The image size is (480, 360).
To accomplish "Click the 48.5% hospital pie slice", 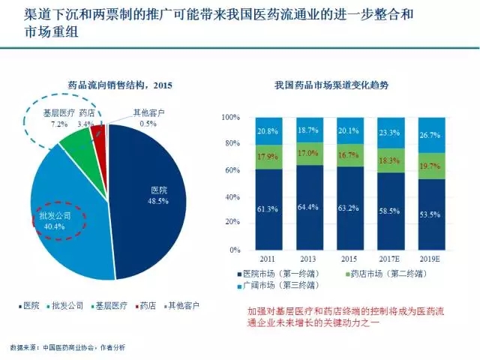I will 150,202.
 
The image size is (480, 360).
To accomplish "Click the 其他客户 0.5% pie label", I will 147,118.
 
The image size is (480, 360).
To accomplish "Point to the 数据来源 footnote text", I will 67,348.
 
